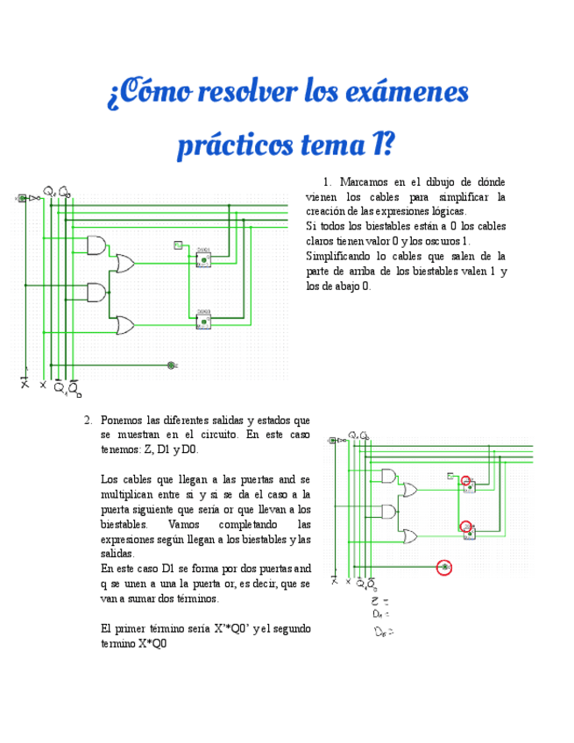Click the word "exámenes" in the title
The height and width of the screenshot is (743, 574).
407,93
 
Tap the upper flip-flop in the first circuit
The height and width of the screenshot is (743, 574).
203,258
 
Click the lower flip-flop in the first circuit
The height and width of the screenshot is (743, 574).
203,321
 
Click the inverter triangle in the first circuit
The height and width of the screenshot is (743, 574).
32,199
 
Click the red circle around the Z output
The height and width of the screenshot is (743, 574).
444,569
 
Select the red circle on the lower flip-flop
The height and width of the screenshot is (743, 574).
468,527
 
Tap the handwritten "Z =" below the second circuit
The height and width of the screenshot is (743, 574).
377,602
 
